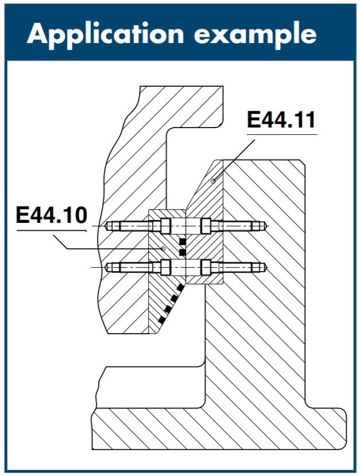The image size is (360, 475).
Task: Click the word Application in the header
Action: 104,34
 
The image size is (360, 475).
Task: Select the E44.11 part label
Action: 281,121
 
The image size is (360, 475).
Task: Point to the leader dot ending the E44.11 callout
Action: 213,181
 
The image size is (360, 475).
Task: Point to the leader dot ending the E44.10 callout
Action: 164,249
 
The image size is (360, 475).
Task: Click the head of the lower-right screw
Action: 205,267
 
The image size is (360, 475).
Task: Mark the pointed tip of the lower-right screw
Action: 265,267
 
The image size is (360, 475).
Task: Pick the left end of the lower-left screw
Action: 108,267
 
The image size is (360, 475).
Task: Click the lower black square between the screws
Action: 183,252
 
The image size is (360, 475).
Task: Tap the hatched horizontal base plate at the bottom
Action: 218,428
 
